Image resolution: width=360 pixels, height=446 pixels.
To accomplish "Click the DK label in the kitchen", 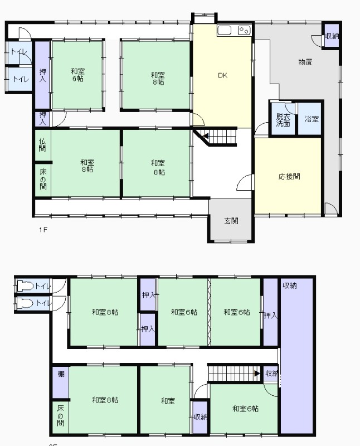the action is click(x=223, y=75).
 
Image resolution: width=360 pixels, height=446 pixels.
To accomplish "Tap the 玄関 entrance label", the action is click(x=231, y=221).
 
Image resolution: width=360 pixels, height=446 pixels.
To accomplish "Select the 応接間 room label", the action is click(x=289, y=176).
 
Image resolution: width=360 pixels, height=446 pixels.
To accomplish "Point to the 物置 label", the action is click(x=305, y=62).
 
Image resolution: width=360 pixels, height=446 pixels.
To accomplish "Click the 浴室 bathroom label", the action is click(x=312, y=119).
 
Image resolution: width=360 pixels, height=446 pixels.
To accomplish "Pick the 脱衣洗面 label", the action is click(x=283, y=120).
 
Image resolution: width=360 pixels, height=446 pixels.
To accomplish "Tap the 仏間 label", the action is click(x=42, y=144).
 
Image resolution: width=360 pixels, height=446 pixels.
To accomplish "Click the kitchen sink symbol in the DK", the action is click(x=225, y=30).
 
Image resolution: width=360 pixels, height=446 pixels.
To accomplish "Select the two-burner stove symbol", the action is click(x=244, y=30).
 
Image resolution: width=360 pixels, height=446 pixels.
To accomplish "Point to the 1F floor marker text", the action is click(x=43, y=230).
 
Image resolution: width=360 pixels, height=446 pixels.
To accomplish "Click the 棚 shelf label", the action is click(x=61, y=374).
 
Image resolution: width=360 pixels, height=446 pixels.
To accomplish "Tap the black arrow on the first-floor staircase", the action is click(x=206, y=137).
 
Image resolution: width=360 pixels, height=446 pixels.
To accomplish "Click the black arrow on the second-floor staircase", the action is click(x=257, y=373).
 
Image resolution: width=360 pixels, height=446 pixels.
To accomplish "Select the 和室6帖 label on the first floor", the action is click(x=77, y=75).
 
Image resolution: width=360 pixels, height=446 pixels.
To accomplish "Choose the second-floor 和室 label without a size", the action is click(x=168, y=401).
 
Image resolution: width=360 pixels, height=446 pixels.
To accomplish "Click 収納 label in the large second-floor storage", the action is click(x=290, y=285).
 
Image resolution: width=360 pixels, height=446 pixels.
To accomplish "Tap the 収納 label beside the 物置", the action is click(x=332, y=36).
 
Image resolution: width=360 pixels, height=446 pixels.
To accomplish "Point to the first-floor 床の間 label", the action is click(x=43, y=179).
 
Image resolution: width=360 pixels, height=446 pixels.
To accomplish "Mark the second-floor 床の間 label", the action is click(x=60, y=415).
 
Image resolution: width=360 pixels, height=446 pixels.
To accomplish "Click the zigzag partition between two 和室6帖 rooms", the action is click(x=209, y=312).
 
